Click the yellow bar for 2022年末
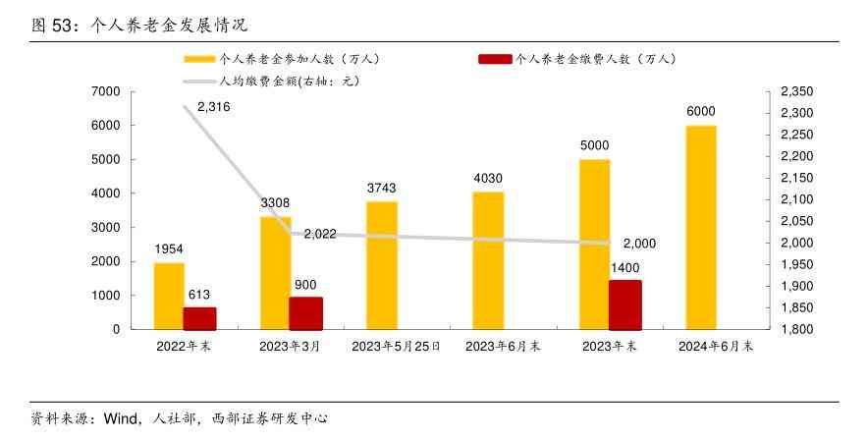(169, 296)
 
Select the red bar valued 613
(200, 318)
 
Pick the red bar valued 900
(305, 313)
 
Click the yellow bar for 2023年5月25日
(382, 265)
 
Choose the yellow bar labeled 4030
(488, 260)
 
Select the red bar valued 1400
(625, 304)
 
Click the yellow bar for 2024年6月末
(701, 227)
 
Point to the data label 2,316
(213, 107)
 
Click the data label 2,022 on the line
(320, 234)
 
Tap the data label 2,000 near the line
(639, 244)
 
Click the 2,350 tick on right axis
(795, 91)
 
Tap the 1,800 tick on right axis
(795, 329)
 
